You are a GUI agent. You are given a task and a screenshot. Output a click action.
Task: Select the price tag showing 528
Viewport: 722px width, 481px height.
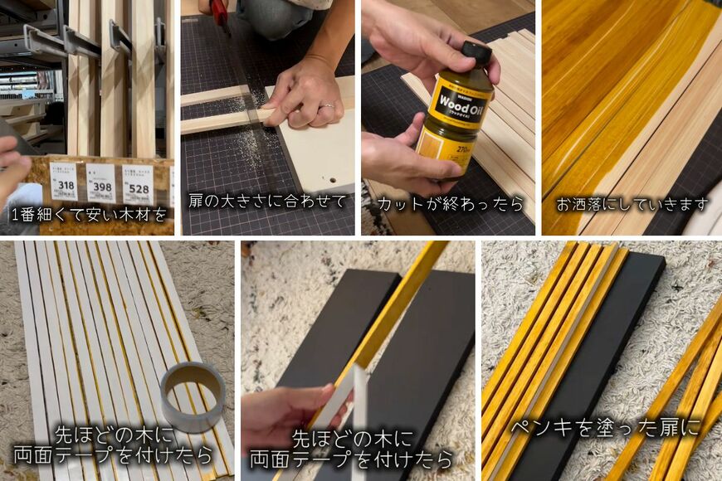[138, 183]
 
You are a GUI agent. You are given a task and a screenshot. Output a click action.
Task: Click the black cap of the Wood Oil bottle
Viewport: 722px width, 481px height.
[476, 54]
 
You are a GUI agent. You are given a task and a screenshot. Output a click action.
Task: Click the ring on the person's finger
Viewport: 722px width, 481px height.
[328, 106]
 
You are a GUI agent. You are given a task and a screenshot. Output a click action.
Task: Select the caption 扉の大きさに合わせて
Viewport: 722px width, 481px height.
[266, 202]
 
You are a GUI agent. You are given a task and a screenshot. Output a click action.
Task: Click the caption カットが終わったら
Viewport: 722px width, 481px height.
[451, 203]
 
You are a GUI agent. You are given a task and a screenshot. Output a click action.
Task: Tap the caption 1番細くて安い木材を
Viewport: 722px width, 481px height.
[89, 215]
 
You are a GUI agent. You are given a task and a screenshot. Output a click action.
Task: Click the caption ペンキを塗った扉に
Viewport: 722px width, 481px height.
[605, 427]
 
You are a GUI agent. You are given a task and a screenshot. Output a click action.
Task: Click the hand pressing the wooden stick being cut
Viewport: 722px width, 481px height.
[303, 95]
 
